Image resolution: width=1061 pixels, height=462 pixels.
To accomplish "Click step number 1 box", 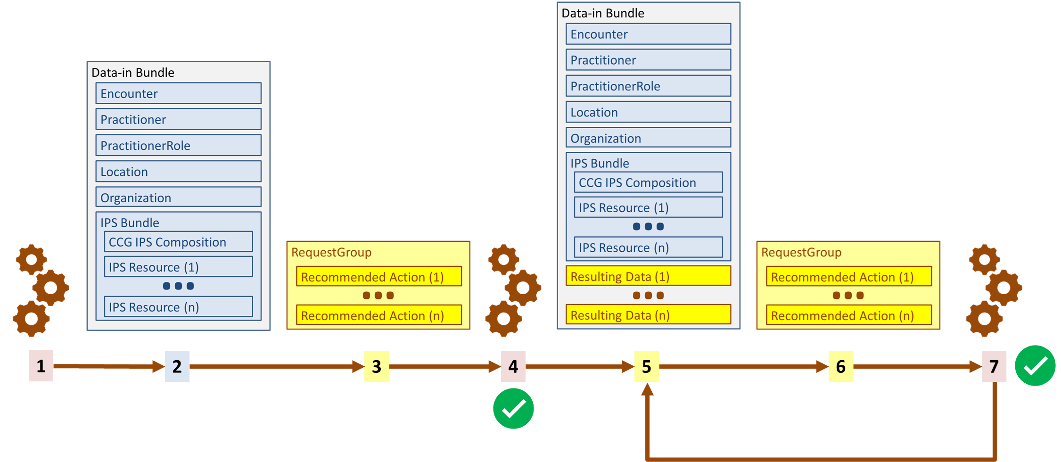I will (41, 366).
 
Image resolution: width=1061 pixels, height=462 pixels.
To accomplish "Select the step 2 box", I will (177, 366).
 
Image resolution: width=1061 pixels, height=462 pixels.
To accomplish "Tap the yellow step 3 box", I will (377, 366).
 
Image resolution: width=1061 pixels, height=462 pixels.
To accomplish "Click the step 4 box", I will (513, 366).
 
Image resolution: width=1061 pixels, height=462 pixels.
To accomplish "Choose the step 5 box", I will (647, 366).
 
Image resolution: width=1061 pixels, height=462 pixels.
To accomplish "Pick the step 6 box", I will (841, 366).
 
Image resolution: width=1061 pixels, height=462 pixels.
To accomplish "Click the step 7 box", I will (994, 366).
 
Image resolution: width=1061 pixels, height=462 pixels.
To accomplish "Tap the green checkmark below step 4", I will (513, 408).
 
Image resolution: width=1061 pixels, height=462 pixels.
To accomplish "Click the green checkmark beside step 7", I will (1035, 365).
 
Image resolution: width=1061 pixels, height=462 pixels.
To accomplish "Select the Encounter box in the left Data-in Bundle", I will (178, 93).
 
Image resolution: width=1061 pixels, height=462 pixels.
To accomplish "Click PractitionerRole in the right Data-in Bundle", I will (648, 86).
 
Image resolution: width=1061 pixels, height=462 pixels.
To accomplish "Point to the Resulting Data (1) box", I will (648, 276).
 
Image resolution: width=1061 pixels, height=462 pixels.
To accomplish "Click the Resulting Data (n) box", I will (648, 315).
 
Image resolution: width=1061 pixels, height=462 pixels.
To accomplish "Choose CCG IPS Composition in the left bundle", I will (178, 242).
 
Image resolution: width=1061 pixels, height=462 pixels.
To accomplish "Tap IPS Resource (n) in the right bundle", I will (648, 247).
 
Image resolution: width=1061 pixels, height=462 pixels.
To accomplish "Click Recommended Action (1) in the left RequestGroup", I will (378, 277).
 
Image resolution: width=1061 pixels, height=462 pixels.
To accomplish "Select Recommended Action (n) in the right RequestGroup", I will (848, 315).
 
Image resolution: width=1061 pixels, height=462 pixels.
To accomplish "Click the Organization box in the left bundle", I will (178, 198).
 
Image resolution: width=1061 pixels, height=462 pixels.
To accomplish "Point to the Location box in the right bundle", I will (648, 112).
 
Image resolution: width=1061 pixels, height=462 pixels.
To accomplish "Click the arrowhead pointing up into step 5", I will (648, 389).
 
